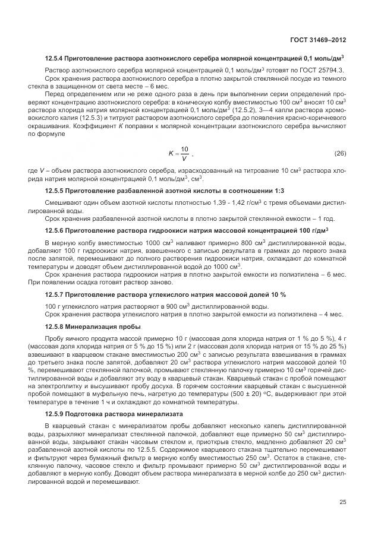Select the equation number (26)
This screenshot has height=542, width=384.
[339, 154]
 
